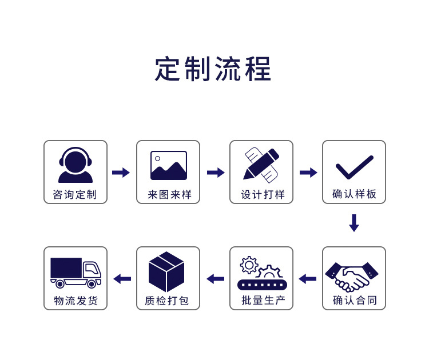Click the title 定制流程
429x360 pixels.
coord(213,70)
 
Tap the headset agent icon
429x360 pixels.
coord(75,165)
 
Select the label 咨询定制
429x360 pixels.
coord(75,194)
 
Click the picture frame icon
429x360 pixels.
coord(168,165)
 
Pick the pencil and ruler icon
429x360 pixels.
coord(261,165)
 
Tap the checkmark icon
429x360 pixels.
coord(354,167)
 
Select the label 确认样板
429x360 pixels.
coord(355,194)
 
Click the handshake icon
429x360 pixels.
coord(352,276)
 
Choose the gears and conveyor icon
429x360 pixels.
coord(262,274)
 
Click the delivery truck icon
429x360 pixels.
coord(76,272)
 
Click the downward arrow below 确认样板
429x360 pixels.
coord(354,223)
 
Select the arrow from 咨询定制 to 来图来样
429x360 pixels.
coord(121,173)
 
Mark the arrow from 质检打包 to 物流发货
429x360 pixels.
coord(122,279)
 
